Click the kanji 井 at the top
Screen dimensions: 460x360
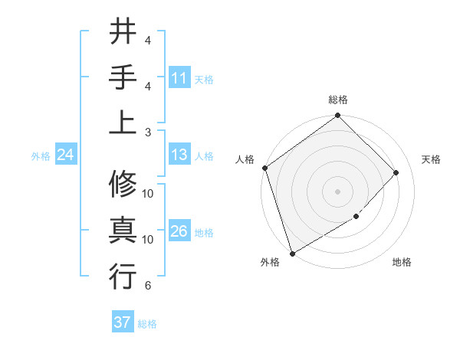pyautogui.click(x=123, y=32)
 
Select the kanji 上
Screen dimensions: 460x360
pyautogui.click(x=123, y=122)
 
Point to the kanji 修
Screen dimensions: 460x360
pyautogui.click(x=123, y=185)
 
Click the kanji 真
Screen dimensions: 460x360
pyautogui.click(x=123, y=230)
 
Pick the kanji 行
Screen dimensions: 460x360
pyautogui.click(x=123, y=276)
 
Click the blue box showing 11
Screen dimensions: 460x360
pyautogui.click(x=179, y=78)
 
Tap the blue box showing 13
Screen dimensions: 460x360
pyautogui.click(x=179, y=155)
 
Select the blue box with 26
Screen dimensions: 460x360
pyautogui.click(x=179, y=232)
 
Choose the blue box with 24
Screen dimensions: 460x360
pyautogui.click(x=65, y=155)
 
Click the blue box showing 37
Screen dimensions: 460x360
pyautogui.click(x=122, y=322)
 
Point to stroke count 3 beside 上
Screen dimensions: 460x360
pyautogui.click(x=147, y=132)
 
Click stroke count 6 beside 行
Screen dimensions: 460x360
pyautogui.click(x=147, y=286)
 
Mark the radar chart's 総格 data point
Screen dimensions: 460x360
pyautogui.click(x=337, y=117)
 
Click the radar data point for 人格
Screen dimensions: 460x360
pyautogui.click(x=264, y=168)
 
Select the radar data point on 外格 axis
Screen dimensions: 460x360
pyautogui.click(x=292, y=253)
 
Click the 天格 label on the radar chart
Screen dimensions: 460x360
pyautogui.click(x=431, y=159)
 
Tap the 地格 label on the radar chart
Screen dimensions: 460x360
pyautogui.click(x=402, y=263)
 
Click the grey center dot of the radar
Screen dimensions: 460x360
pyautogui.click(x=337, y=191)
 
